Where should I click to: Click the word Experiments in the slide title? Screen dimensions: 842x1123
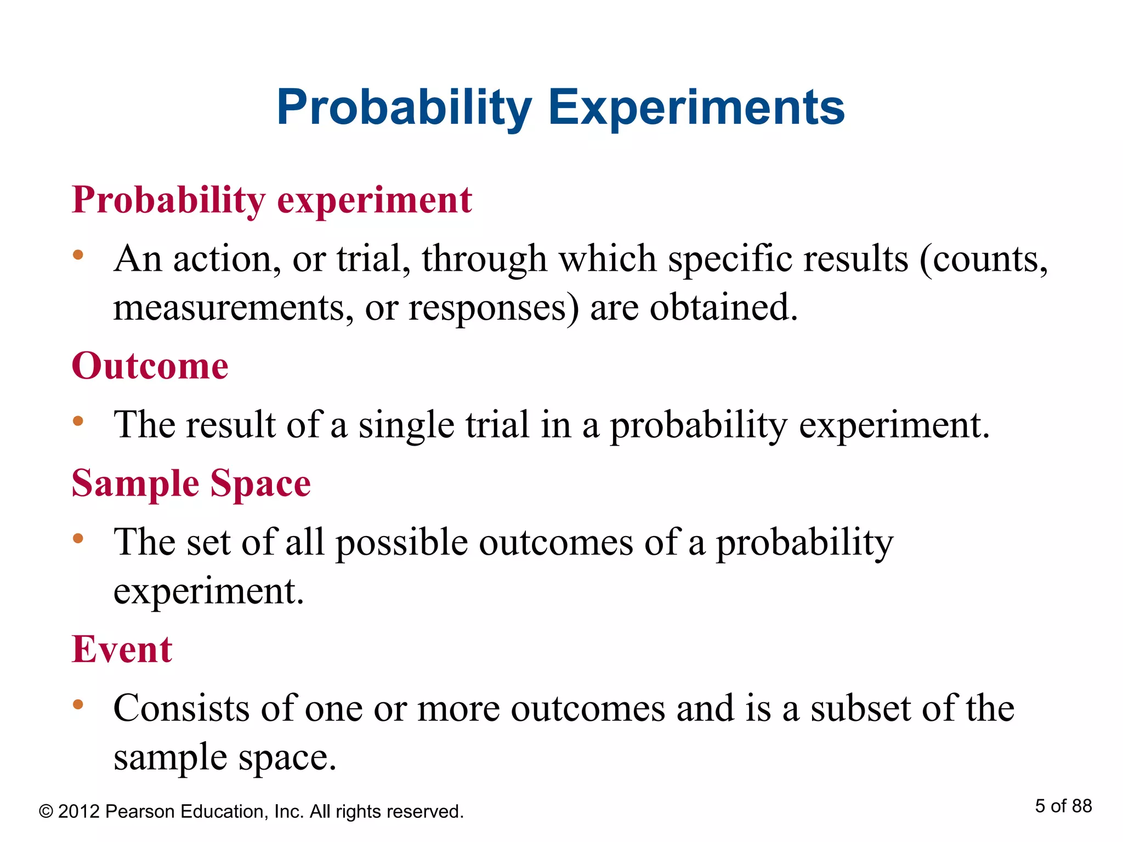tap(696, 107)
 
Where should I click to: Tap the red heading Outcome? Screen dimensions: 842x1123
tap(150, 366)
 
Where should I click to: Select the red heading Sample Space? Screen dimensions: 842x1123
tap(191, 483)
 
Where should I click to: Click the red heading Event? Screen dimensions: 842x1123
tap(122, 650)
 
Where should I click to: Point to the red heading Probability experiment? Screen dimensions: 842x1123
tap(271, 200)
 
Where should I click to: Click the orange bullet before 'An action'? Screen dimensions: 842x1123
tap(78, 254)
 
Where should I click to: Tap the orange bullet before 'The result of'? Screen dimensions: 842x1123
tap(78, 421)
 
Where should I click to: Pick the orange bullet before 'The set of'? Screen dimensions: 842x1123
tap(78, 538)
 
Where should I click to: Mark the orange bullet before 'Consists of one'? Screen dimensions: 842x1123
tap(78, 704)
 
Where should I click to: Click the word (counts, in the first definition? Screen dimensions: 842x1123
tap(983, 259)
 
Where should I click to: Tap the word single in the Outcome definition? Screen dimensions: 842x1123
tap(406, 426)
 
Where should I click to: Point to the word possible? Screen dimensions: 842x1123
tap(401, 543)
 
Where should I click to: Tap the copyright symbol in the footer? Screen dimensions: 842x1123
tap(46, 812)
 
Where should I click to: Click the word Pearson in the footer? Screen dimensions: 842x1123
tap(139, 812)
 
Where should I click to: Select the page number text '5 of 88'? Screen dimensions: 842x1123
tap(1063, 806)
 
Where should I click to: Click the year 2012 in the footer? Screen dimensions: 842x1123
tap(79, 812)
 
